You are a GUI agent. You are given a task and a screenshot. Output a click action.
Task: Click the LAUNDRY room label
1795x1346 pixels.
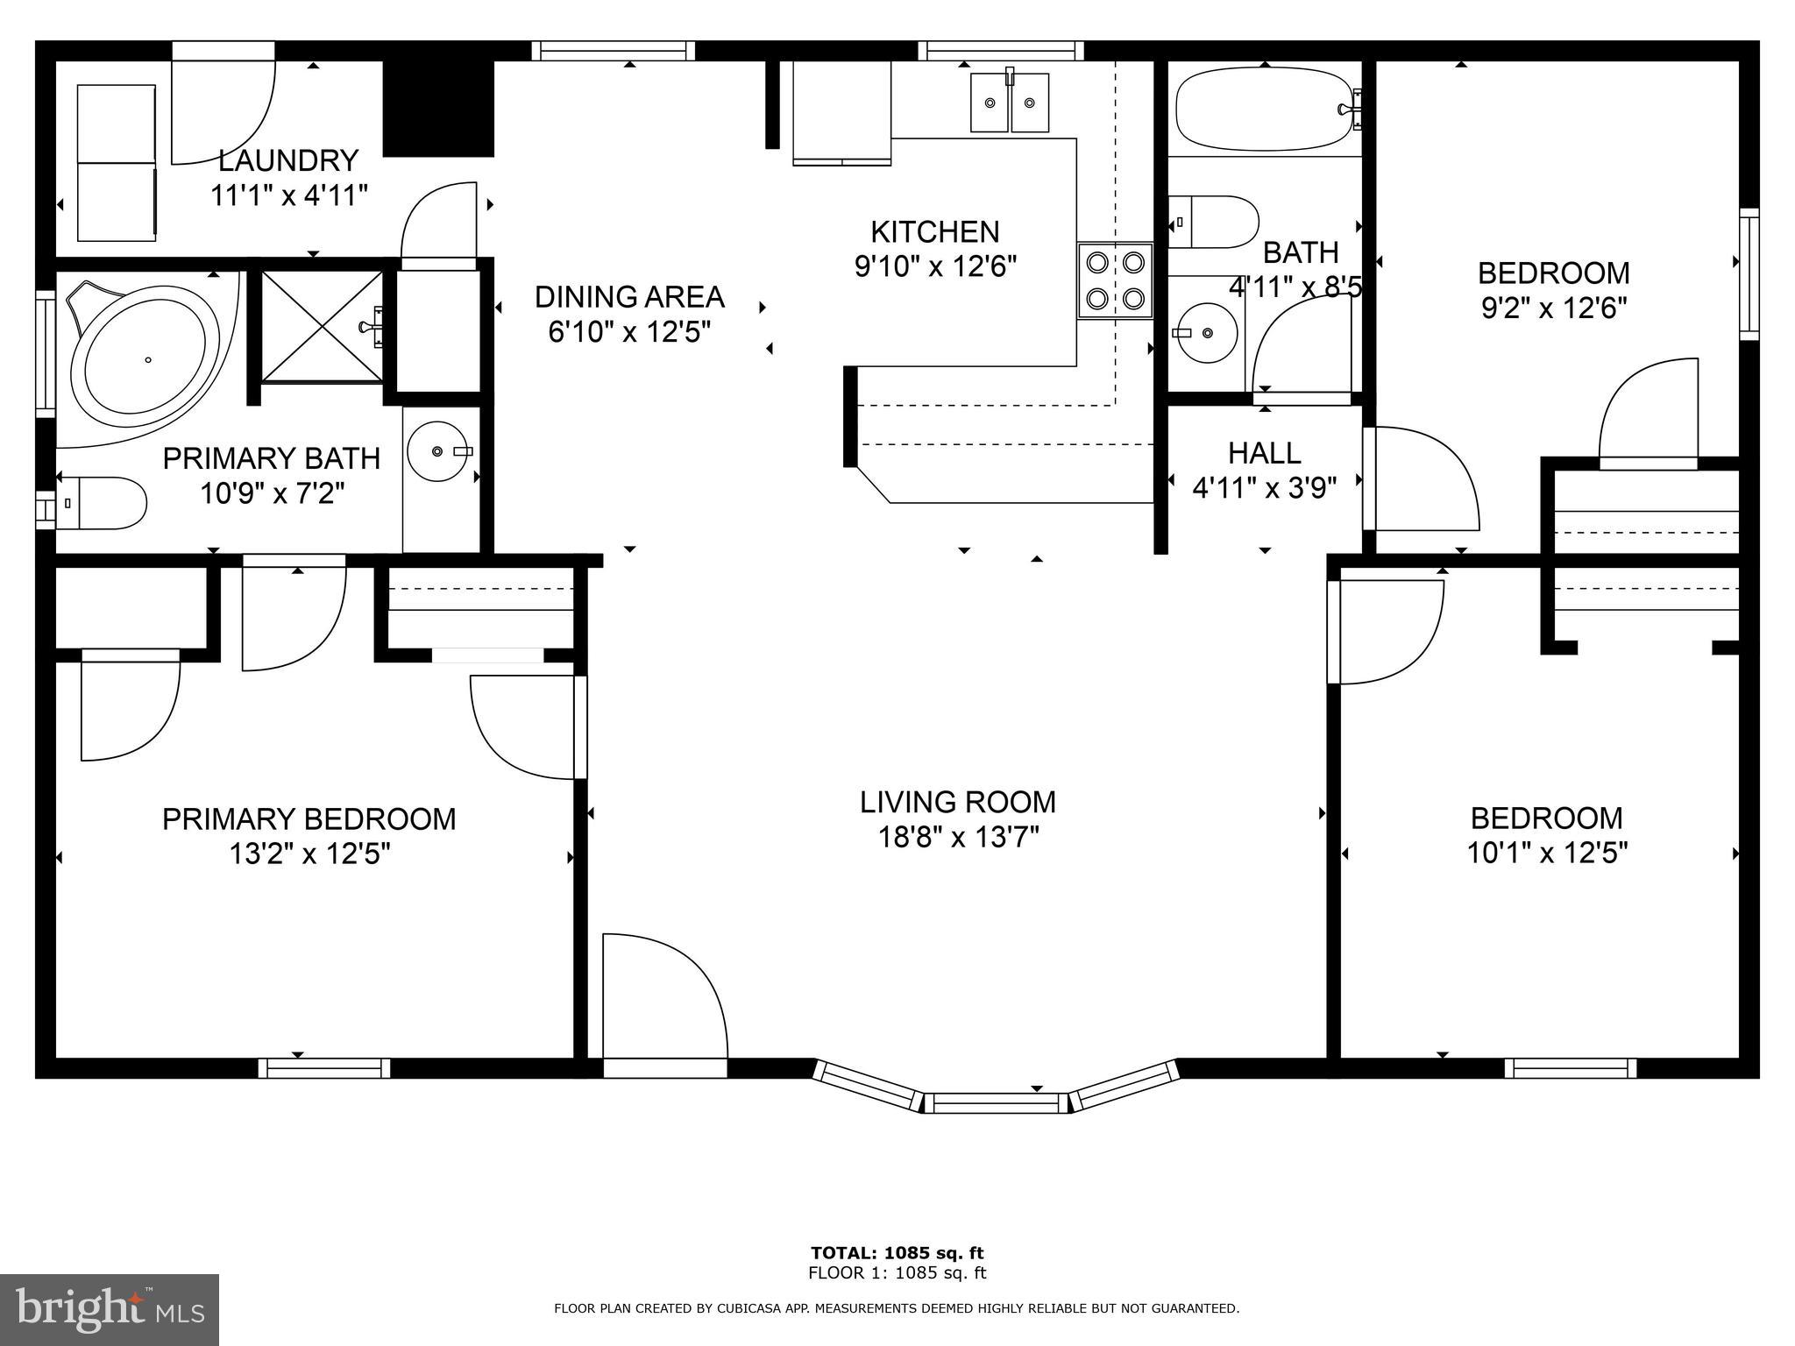288,160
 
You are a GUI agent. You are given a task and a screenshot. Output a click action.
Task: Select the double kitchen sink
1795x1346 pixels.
1010,103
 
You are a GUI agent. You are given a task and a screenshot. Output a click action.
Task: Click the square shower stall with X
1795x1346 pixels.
322,327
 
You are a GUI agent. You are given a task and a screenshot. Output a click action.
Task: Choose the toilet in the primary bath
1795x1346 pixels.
101,503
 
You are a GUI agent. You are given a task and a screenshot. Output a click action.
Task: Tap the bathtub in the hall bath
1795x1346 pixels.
1263,110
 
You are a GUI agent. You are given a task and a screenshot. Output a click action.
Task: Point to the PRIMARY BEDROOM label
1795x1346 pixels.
309,818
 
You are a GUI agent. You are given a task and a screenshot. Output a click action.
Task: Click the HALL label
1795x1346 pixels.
1264,453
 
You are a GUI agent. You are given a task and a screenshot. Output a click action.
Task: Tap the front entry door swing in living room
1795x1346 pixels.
664,999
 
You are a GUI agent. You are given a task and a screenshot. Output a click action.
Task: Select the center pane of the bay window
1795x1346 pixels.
997,1102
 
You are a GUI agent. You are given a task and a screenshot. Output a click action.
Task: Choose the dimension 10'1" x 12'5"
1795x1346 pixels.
1547,853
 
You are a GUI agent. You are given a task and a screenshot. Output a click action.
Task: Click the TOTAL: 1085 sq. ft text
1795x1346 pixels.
897,1253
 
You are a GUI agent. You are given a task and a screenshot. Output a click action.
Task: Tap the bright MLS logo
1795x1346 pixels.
110,1310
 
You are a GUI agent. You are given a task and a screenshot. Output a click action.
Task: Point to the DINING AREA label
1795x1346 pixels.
629,297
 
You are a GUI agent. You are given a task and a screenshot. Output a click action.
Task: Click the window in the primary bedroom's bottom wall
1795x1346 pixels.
324,1068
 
